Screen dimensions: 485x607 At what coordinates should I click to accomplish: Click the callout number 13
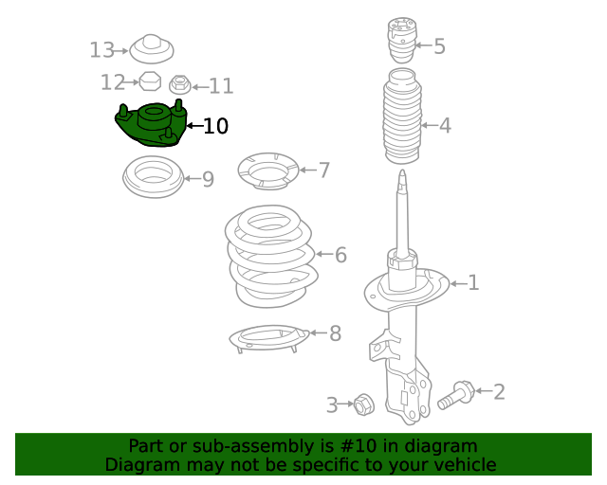[101, 50]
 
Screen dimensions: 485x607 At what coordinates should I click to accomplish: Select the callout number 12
[113, 82]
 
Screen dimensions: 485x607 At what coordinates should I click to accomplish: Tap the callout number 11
[221, 87]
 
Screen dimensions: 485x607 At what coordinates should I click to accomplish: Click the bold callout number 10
[215, 126]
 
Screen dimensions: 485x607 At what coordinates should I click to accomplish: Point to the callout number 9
[208, 179]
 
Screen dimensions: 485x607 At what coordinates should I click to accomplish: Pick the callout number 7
[324, 171]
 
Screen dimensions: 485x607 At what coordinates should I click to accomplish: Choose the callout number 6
[340, 255]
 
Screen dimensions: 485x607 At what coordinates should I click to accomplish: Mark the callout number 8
[335, 333]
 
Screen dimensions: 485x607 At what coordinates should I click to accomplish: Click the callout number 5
[439, 46]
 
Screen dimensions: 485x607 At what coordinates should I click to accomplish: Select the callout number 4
[445, 125]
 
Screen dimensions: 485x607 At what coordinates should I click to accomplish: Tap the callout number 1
[473, 282]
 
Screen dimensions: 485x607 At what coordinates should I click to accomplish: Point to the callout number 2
[499, 391]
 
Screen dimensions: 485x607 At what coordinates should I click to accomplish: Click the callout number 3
[332, 405]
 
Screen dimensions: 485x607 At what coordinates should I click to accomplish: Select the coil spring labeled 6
[270, 256]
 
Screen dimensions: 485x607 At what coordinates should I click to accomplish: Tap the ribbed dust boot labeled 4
[402, 123]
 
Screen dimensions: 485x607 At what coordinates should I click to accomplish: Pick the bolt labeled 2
[456, 394]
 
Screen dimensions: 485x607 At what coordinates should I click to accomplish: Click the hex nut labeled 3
[363, 404]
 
